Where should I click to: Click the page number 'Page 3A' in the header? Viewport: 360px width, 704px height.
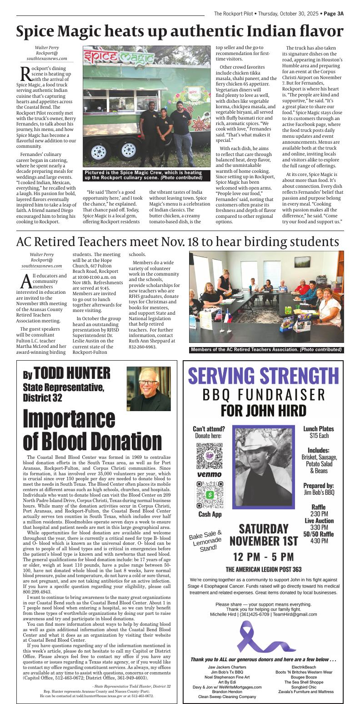click(333, 14)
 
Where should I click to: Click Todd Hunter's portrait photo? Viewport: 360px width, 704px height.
click(149, 389)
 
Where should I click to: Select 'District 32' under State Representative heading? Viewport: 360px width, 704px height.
click(43, 397)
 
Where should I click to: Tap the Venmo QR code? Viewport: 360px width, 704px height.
click(209, 455)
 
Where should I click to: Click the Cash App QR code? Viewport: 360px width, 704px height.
click(209, 494)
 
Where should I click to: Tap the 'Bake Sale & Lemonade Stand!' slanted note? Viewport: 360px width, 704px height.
click(205, 541)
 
